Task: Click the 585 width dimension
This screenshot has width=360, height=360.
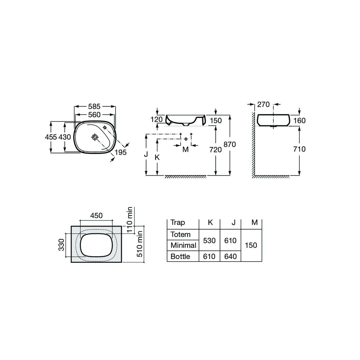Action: tap(94, 106)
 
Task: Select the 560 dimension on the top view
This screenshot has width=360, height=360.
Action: tap(94, 115)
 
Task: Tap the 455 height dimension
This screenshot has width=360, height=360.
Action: tap(51, 137)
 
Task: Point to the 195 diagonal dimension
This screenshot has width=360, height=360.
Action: tap(121, 152)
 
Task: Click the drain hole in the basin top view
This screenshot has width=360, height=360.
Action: tap(95, 137)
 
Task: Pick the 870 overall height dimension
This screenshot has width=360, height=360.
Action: tap(230, 144)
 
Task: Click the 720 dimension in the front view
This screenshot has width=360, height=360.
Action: tap(215, 150)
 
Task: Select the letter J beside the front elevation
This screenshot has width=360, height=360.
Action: tap(146, 154)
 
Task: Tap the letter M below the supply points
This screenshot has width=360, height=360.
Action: tap(185, 149)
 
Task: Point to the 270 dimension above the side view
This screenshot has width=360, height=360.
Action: tap(263, 105)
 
